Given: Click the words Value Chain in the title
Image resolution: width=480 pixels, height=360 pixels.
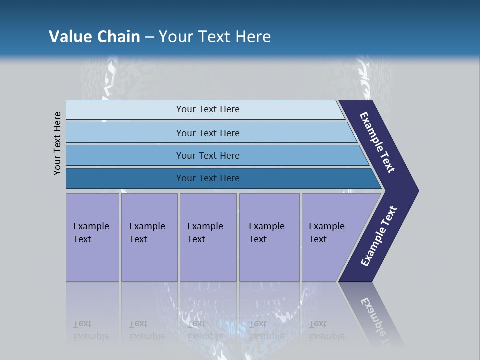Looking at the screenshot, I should point(94,37).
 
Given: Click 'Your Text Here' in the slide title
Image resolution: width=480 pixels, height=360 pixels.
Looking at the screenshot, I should point(215,37).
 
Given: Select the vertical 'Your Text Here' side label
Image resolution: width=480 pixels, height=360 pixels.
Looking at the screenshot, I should point(57,143).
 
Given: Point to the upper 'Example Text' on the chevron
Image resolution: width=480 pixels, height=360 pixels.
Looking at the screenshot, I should point(377,142).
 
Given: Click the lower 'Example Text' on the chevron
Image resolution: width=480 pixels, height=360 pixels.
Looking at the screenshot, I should point(379,236).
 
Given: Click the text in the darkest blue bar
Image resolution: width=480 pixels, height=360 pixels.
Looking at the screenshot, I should point(208,178).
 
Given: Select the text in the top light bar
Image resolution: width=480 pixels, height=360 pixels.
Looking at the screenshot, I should point(208,109).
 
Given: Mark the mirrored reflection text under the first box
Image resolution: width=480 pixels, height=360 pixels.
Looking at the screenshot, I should point(91,330).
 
